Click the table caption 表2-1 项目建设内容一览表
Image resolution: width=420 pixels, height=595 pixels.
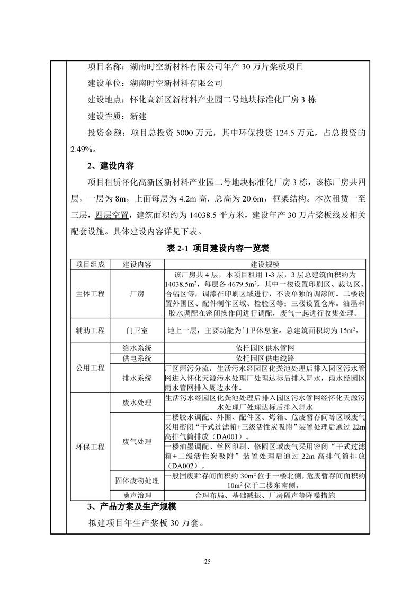pyautogui.click(x=210, y=248)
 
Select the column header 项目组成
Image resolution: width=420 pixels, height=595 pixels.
pyautogui.click(x=90, y=264)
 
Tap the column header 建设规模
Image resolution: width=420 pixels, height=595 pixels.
pyautogui.click(x=265, y=264)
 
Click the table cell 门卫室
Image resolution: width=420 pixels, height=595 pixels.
pyautogui.click(x=137, y=330)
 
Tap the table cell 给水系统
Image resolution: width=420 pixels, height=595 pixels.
pyautogui.click(x=137, y=348)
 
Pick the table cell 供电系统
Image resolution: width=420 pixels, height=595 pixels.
pyautogui.click(x=137, y=358)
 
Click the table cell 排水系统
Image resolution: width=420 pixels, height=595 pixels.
pyautogui.click(x=137, y=378)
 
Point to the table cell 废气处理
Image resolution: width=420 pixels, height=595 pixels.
pyautogui.click(x=137, y=441)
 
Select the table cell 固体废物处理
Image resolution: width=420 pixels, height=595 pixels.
pyautogui.click(x=137, y=480)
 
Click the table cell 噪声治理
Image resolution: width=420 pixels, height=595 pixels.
pyautogui.click(x=137, y=496)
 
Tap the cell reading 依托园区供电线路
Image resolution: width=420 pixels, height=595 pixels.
pyautogui.click(x=265, y=358)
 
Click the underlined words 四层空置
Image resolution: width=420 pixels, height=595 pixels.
pyautogui.click(x=112, y=215)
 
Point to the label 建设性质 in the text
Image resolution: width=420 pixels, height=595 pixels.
pyautogui.click(x=104, y=116)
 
